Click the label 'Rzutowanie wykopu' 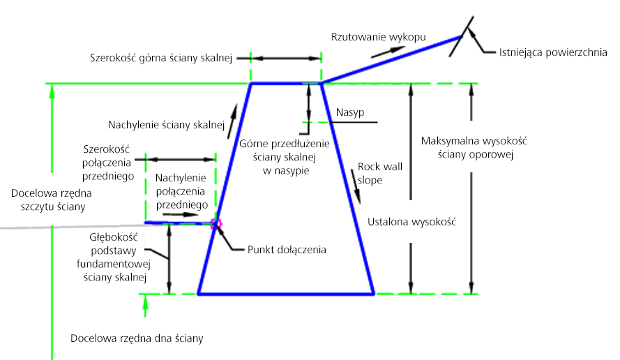(379, 37)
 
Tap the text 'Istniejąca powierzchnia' (553, 52)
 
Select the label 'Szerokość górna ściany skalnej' (161, 58)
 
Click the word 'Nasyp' (350, 113)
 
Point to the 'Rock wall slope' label (380, 173)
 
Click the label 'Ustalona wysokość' (411, 222)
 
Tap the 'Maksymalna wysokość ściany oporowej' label (474, 148)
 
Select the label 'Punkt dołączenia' (287, 250)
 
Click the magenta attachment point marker (216, 224)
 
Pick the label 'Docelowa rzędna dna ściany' (137, 338)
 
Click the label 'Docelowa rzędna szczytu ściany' (52, 200)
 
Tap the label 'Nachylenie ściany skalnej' (167, 126)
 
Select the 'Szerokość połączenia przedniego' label (107, 163)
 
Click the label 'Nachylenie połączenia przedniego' (181, 191)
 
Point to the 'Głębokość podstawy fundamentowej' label (114, 257)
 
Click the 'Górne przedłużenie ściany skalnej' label (285, 157)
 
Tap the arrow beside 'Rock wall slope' (356, 187)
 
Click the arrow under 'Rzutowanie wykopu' (388, 52)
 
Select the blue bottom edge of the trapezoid (286, 294)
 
